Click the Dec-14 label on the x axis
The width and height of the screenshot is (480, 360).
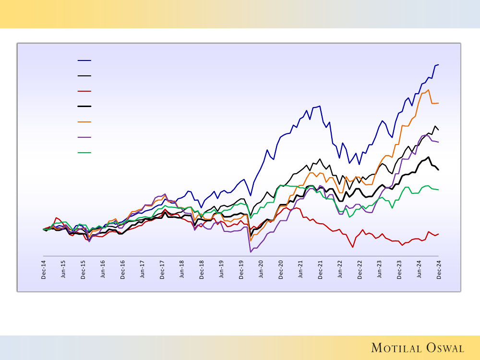[x=44, y=270]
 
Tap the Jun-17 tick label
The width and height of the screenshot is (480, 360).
[x=143, y=270]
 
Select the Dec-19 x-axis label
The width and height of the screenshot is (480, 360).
[x=241, y=270]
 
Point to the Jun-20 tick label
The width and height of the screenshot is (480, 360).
[x=261, y=270]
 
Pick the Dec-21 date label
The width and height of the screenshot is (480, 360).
[x=320, y=270]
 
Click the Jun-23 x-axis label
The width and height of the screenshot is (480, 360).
[x=380, y=270]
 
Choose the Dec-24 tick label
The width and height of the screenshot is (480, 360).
[x=439, y=270]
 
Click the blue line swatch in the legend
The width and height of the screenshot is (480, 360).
[x=84, y=60]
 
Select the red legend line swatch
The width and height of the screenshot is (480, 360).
[x=84, y=91]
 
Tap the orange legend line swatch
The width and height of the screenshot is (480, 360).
[x=84, y=122]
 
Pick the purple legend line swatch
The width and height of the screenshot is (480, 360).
[x=84, y=137]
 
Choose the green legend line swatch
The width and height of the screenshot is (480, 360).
[x=84, y=153]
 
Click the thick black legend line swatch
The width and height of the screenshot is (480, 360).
[x=84, y=107]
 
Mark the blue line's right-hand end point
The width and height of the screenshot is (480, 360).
[x=439, y=64]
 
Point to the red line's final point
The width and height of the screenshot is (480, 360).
[x=439, y=234]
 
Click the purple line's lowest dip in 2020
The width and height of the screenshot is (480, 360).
[x=250, y=252]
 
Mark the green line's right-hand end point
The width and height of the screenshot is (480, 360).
[x=439, y=190]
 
